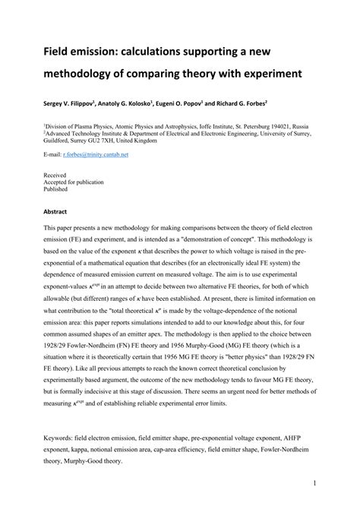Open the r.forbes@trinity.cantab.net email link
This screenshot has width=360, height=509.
coord(96,153)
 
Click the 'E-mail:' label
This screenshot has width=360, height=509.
coord(52,153)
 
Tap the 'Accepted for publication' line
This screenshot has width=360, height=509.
coord(74,182)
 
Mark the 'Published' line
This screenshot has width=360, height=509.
coord(56,190)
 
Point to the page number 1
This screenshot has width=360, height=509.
coord(314,482)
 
